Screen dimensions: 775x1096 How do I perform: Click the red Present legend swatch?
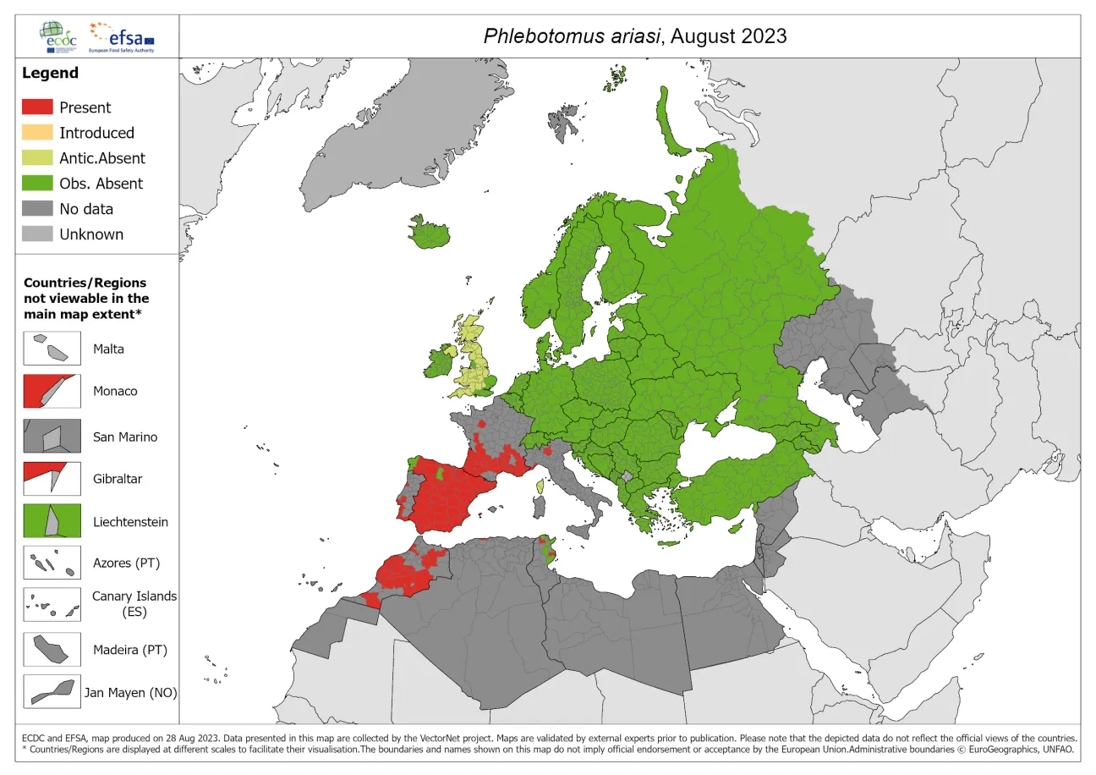[37, 107]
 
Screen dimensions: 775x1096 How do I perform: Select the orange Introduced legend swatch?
[37, 133]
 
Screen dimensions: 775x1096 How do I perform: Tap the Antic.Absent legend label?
[101, 158]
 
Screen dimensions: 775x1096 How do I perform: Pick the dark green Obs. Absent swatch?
[37, 184]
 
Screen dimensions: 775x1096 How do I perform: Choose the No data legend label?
[85, 209]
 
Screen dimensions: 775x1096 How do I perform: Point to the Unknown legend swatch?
[37, 234]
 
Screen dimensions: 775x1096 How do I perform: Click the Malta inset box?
[52, 348]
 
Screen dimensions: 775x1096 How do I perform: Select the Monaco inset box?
[52, 391]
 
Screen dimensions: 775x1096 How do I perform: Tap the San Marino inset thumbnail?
[52, 437]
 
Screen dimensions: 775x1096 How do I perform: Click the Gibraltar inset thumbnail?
[52, 478]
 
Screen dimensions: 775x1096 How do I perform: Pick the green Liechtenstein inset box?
[52, 521]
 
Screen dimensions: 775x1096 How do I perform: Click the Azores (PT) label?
[126, 563]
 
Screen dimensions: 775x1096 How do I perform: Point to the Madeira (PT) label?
[130, 650]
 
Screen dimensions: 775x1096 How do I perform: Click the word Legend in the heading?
[50, 73]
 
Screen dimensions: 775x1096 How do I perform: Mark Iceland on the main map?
[430, 232]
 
